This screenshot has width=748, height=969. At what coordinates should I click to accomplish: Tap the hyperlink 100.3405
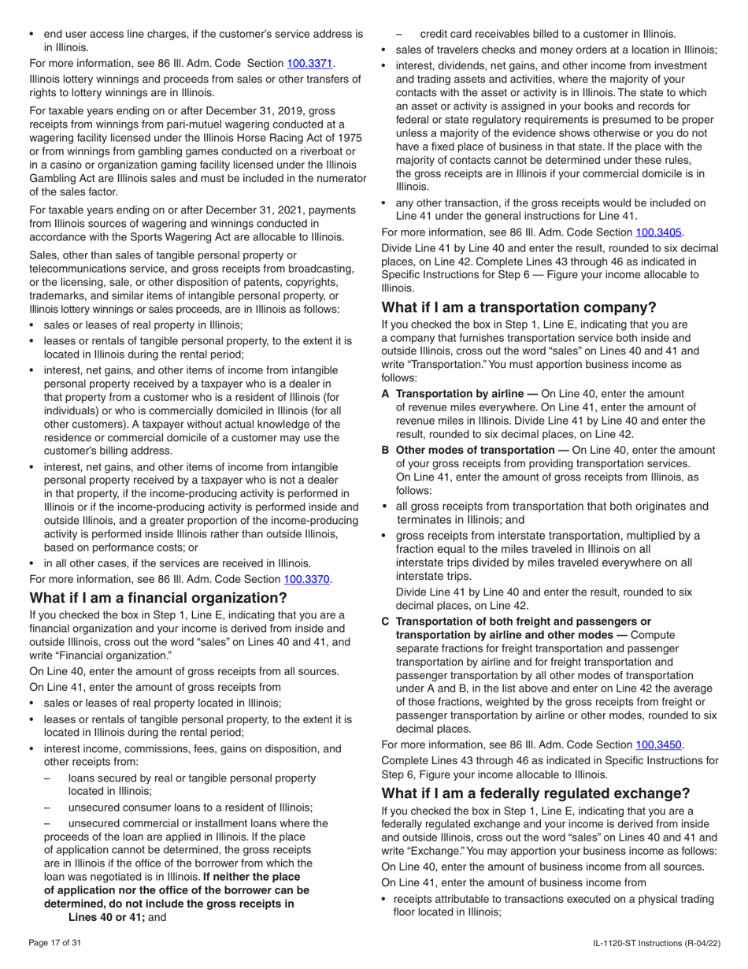pos(659,232)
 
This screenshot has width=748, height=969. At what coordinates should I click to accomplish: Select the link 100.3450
pos(659,744)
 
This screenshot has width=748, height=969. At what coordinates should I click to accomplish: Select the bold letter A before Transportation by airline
pos(386,393)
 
